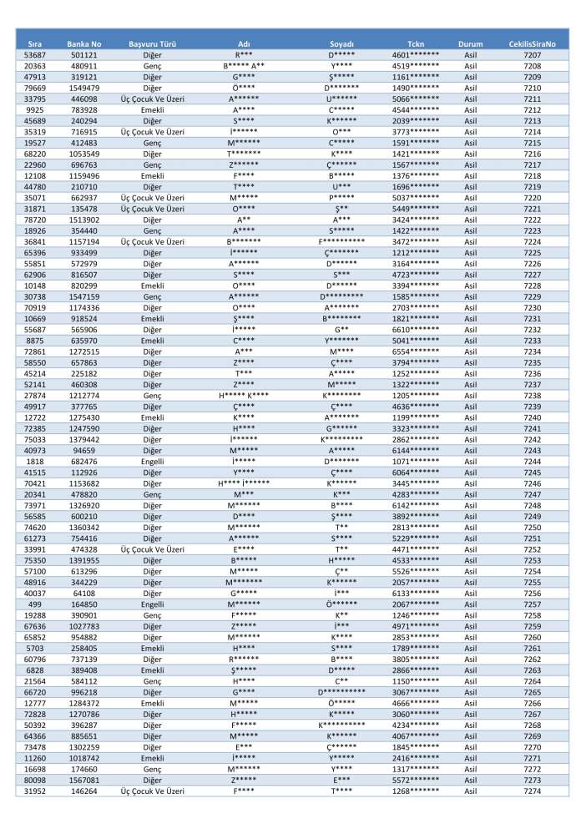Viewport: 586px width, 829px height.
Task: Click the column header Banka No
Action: pos(84,43)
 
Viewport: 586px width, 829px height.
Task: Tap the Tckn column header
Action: pos(416,43)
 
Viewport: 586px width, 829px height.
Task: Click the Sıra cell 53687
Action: pos(35,54)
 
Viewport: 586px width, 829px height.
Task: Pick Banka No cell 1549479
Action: pos(84,88)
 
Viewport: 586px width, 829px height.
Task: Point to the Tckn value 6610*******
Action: pos(416,330)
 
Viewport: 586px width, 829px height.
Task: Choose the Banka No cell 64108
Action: pos(84,592)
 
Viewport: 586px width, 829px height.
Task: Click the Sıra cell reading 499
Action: pos(35,604)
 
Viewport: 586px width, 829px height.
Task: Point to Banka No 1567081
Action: pos(84,779)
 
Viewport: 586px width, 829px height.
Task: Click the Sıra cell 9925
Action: pos(35,109)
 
